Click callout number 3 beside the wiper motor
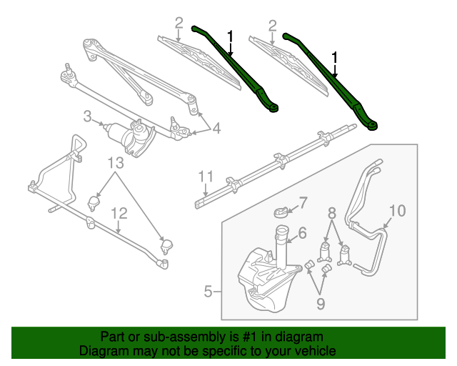coord(87,115)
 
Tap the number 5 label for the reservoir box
coord(208,291)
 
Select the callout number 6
coord(302,232)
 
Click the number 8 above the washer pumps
coord(331,212)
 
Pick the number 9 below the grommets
coord(321,304)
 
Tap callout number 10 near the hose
coord(397,210)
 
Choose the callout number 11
coord(206,176)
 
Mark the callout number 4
coord(216,129)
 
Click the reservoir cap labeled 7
coord(284,211)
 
